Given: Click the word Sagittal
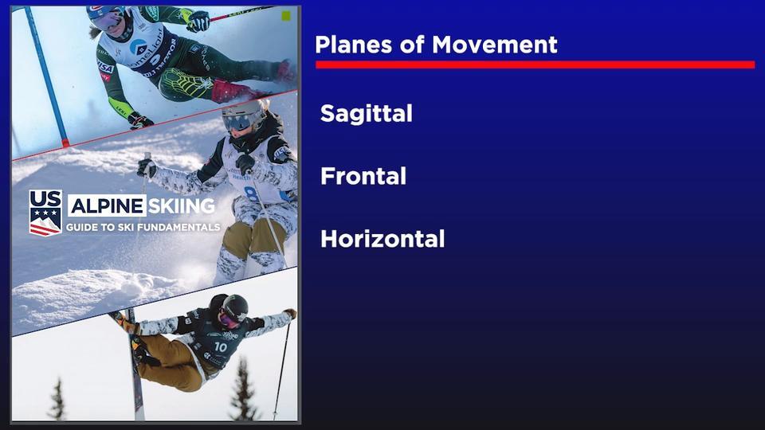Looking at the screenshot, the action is pos(366,114).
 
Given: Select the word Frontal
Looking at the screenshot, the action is pos(363,176).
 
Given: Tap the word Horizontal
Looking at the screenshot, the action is pos(382,239).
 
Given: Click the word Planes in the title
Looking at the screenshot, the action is pos(354,45).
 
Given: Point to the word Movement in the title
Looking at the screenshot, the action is pos(495,45).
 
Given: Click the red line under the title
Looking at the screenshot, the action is pos(535,64).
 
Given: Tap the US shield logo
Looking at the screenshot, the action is pos(45,213).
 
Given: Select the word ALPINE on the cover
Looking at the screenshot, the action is pos(107,206).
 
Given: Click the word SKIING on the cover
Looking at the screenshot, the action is pos(182,205).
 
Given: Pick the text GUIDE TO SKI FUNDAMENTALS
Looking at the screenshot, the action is pos(143,227).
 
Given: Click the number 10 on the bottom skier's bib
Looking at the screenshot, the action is pos(221,346).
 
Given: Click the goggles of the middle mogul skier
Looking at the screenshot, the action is pos(237,122).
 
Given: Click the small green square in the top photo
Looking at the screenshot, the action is pos(286,16).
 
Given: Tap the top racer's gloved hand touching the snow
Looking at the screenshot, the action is pos(140,120).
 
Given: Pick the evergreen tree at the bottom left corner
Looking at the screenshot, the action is pos(57,400).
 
